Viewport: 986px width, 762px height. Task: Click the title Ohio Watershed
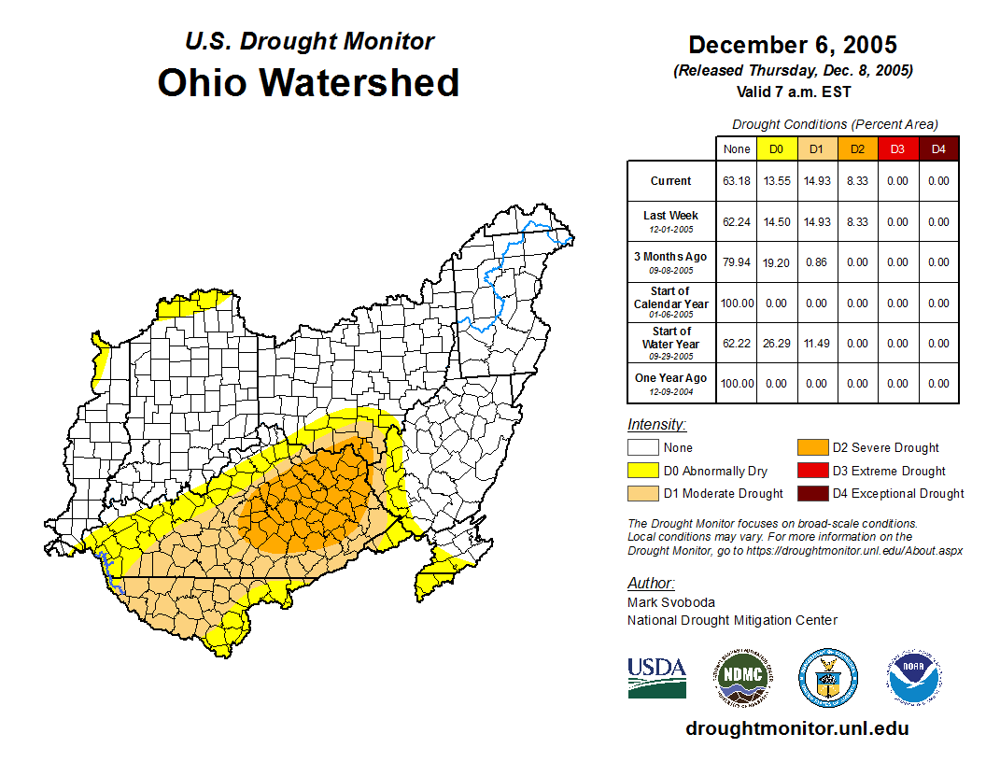point(308,82)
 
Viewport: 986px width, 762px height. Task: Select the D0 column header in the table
point(777,149)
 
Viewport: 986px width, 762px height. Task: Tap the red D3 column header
point(897,149)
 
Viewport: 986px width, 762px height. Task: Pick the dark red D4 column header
point(937,149)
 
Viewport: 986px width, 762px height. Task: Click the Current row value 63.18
point(737,181)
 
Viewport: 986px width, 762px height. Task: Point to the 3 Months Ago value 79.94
point(737,262)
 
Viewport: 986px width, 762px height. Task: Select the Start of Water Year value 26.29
point(777,344)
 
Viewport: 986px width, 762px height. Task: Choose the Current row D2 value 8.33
point(857,181)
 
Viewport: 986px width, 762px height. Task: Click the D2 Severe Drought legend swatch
point(811,448)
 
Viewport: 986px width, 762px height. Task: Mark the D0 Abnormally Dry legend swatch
point(642,472)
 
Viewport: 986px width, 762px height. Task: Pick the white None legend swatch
point(642,448)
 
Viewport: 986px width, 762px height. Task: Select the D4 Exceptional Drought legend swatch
point(811,494)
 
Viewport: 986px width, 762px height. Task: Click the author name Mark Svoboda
point(671,602)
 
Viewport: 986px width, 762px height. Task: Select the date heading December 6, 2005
point(793,45)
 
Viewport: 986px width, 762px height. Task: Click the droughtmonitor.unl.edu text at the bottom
point(796,728)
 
